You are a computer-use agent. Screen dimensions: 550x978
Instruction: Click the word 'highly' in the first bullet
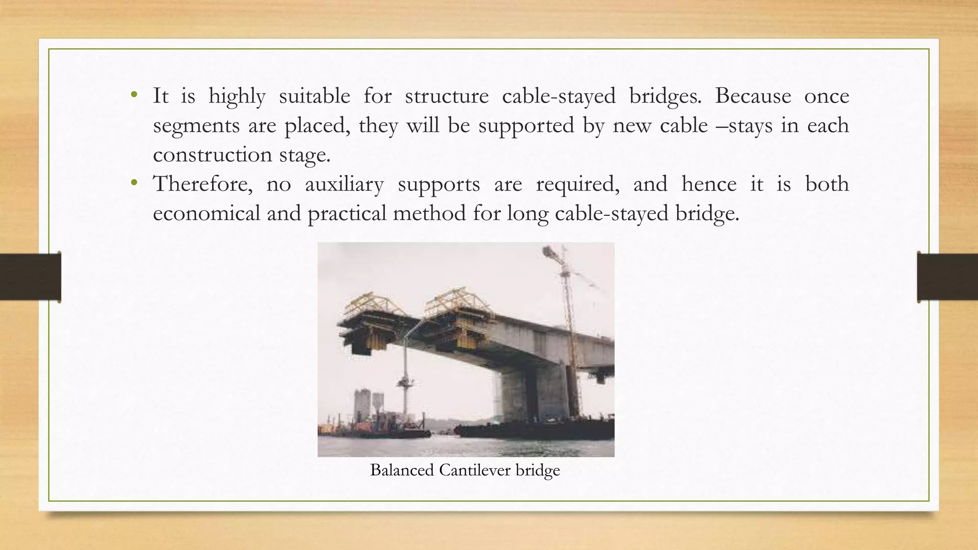tap(237, 96)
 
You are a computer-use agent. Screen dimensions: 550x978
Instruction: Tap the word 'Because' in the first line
tap(753, 96)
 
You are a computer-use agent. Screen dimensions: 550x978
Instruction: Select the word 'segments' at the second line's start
tap(196, 126)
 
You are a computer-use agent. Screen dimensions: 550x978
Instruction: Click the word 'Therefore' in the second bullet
tap(202, 184)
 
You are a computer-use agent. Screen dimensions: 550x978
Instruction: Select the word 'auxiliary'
tap(344, 184)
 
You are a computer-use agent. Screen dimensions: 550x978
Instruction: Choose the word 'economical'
tap(206, 213)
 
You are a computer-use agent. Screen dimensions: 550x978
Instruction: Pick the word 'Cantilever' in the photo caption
tap(475, 470)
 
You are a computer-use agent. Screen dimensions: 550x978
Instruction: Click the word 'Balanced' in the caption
tap(402, 470)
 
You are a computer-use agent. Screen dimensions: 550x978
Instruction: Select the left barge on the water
tap(377, 430)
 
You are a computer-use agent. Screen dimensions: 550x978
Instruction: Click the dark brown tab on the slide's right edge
tap(947, 277)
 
